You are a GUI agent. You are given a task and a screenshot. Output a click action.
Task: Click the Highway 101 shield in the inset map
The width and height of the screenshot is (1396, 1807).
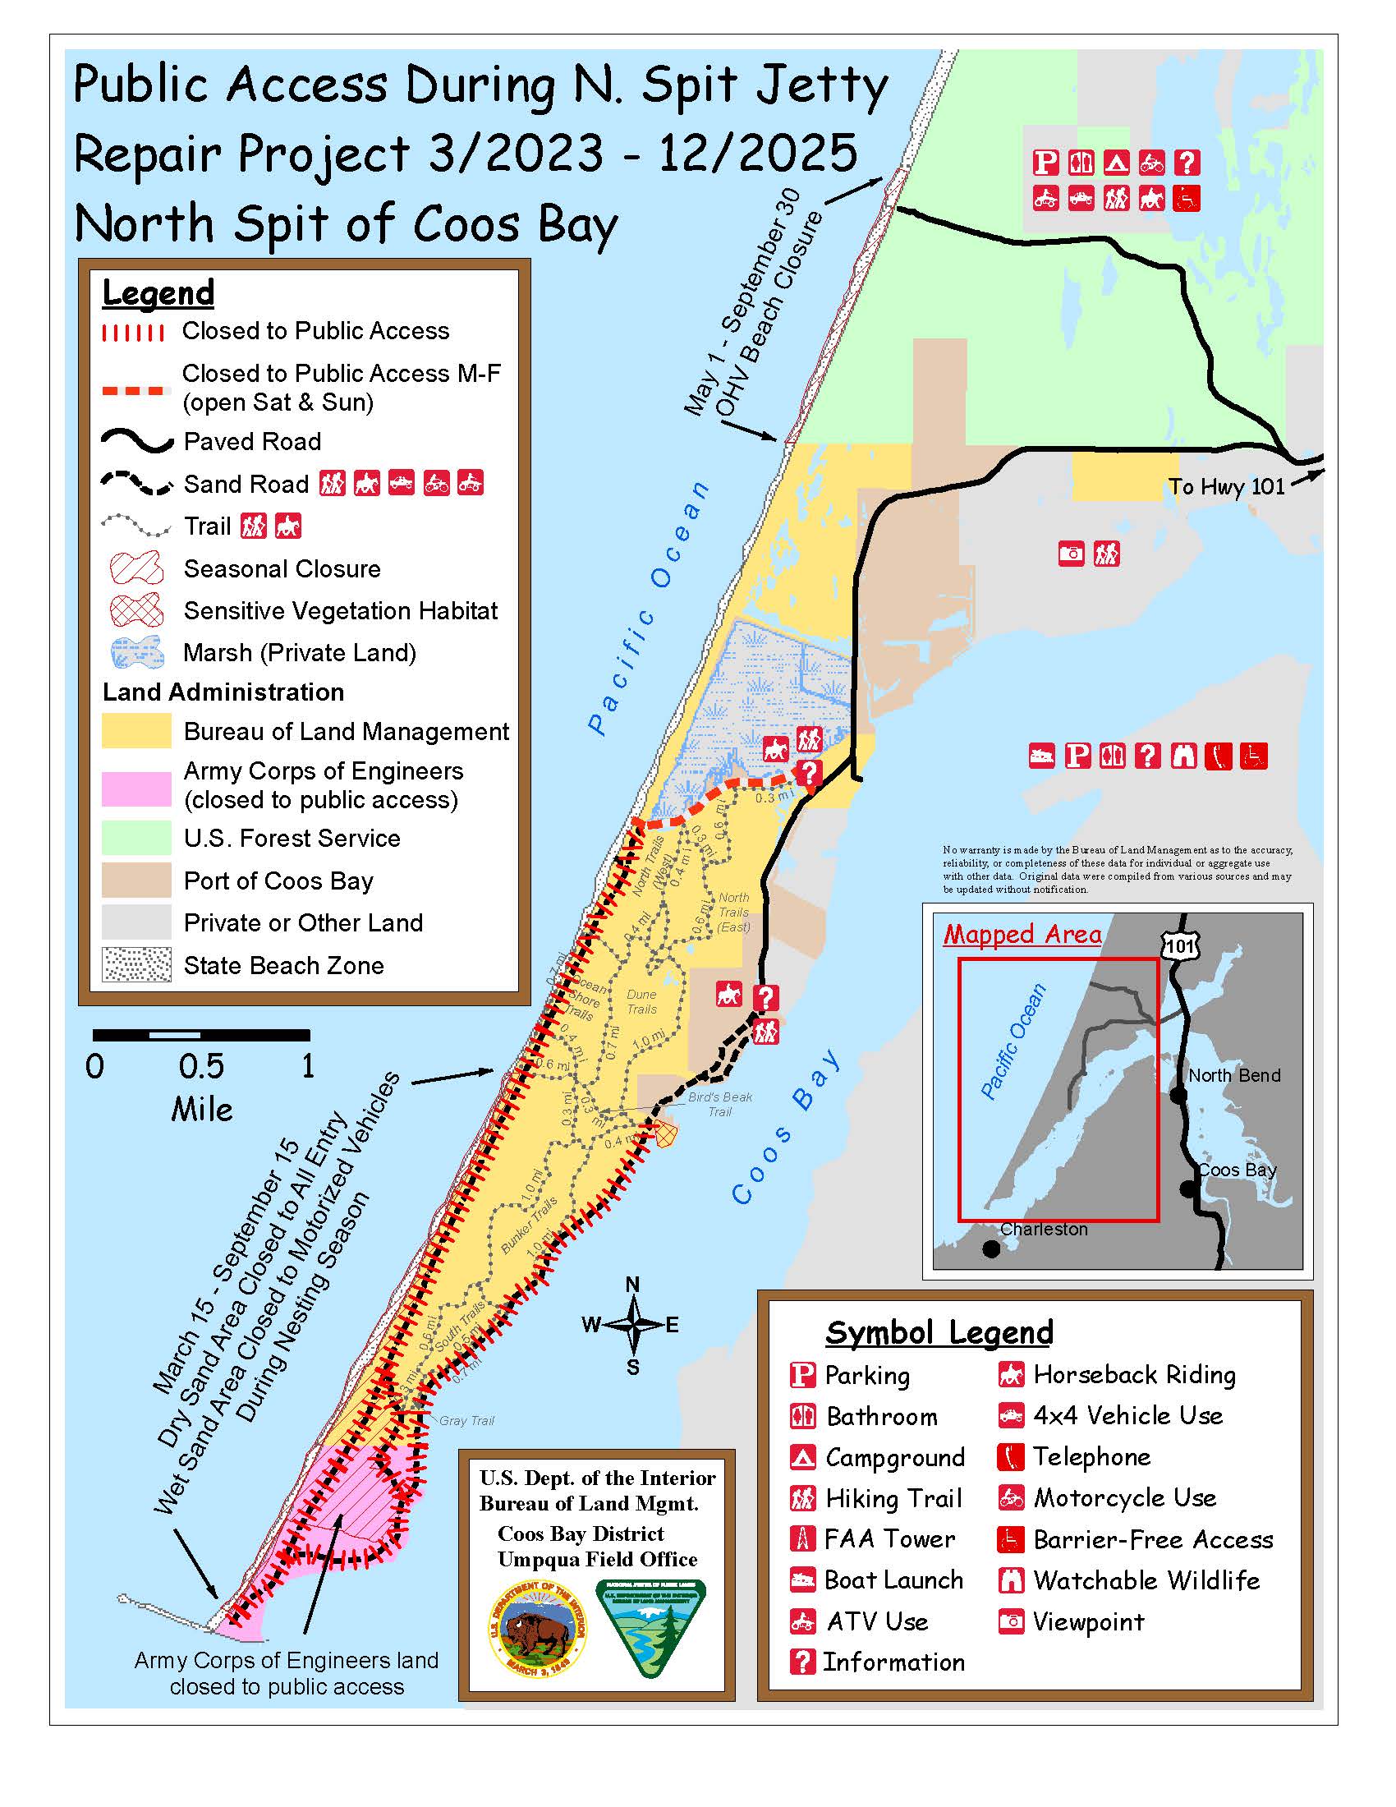click(x=1179, y=945)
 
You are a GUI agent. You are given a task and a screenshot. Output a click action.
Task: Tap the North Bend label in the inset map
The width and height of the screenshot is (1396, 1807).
click(x=1233, y=1076)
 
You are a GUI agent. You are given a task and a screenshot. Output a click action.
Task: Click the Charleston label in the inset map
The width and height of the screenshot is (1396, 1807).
click(x=1044, y=1230)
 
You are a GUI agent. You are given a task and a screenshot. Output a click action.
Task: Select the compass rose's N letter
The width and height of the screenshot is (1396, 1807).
click(x=631, y=1284)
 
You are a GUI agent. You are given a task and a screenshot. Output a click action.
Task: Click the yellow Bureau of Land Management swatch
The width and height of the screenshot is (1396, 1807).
click(x=136, y=730)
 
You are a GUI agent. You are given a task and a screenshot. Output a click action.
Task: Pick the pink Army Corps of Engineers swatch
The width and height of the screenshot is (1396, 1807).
click(x=136, y=787)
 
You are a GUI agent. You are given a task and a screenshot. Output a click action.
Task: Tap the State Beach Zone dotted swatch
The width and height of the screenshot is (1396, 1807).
click(x=136, y=965)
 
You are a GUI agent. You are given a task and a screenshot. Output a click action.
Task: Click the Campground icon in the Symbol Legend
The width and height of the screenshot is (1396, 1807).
click(x=802, y=1457)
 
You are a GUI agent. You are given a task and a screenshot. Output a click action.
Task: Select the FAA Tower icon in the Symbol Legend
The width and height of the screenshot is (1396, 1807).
click(x=801, y=1539)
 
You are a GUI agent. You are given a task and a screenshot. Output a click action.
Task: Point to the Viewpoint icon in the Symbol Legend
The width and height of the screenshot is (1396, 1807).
click(x=1011, y=1621)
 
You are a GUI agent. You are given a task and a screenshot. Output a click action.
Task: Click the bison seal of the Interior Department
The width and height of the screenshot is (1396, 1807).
click(x=538, y=1629)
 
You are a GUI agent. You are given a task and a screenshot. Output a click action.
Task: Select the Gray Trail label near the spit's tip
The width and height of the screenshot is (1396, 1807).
click(x=466, y=1421)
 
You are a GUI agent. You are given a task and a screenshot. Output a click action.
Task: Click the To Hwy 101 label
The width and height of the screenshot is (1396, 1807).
click(x=1226, y=486)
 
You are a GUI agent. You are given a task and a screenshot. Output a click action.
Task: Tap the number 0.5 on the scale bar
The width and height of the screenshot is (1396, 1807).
click(x=201, y=1066)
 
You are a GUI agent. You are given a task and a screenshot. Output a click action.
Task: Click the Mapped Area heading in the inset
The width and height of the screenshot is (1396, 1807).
click(x=1022, y=934)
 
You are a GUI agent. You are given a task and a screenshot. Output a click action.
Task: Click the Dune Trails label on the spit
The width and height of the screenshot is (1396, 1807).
click(x=642, y=1001)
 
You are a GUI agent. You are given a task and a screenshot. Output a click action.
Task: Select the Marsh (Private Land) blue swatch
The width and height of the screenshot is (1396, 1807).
click(x=136, y=653)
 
